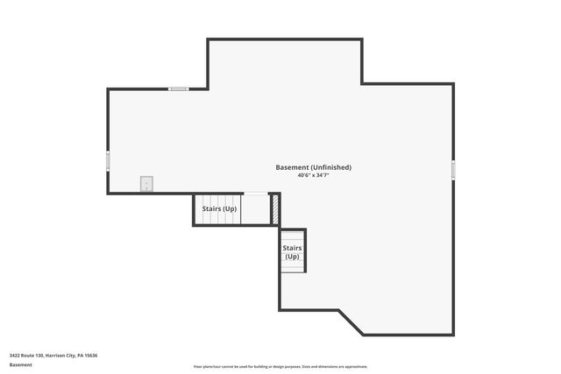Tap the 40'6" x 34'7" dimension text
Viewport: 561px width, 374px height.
(313, 176)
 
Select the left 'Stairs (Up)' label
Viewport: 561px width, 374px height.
(219, 209)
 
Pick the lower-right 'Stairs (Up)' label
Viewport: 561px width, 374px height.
(292, 252)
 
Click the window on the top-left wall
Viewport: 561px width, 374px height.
(179, 88)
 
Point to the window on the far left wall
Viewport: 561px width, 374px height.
(108, 161)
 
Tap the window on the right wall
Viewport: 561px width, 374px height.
(453, 169)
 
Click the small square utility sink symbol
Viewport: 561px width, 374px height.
(146, 183)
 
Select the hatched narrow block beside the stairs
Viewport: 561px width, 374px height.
(274, 208)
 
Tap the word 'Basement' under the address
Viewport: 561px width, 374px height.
(20, 364)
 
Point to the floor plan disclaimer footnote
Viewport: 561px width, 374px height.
(280, 367)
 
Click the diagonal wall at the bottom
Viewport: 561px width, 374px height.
(351, 321)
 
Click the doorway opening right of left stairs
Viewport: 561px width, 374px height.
(255, 194)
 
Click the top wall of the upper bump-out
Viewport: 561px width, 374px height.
(285, 39)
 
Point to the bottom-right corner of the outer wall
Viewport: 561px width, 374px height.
(453, 334)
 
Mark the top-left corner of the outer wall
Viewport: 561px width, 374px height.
(109, 89)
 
